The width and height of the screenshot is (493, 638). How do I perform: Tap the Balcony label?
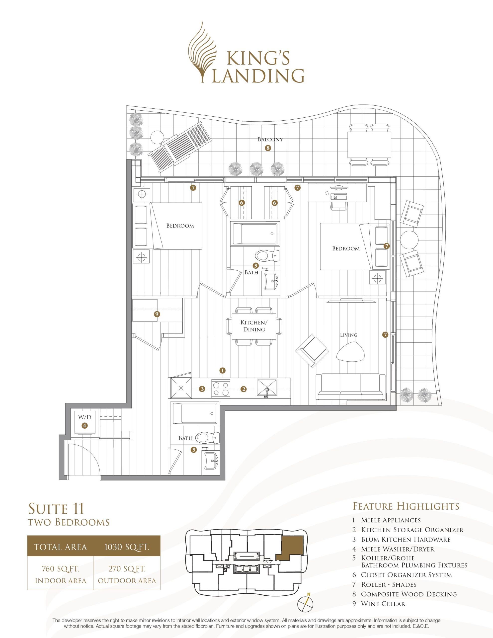click(x=270, y=139)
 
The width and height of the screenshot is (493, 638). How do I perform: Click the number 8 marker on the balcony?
click(x=268, y=148)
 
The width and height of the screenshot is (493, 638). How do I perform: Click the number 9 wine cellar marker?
click(x=157, y=314)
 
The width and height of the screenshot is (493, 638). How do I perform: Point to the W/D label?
click(x=85, y=417)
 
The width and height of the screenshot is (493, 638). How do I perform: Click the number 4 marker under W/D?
click(x=84, y=426)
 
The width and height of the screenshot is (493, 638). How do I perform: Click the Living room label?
click(x=349, y=335)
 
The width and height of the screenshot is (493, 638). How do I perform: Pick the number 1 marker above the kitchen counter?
click(x=222, y=370)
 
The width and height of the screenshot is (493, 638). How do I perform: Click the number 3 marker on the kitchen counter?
click(x=202, y=389)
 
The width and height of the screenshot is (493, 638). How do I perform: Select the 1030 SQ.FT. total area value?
click(x=127, y=547)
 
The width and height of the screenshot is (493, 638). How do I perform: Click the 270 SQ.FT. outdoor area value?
click(x=127, y=569)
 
